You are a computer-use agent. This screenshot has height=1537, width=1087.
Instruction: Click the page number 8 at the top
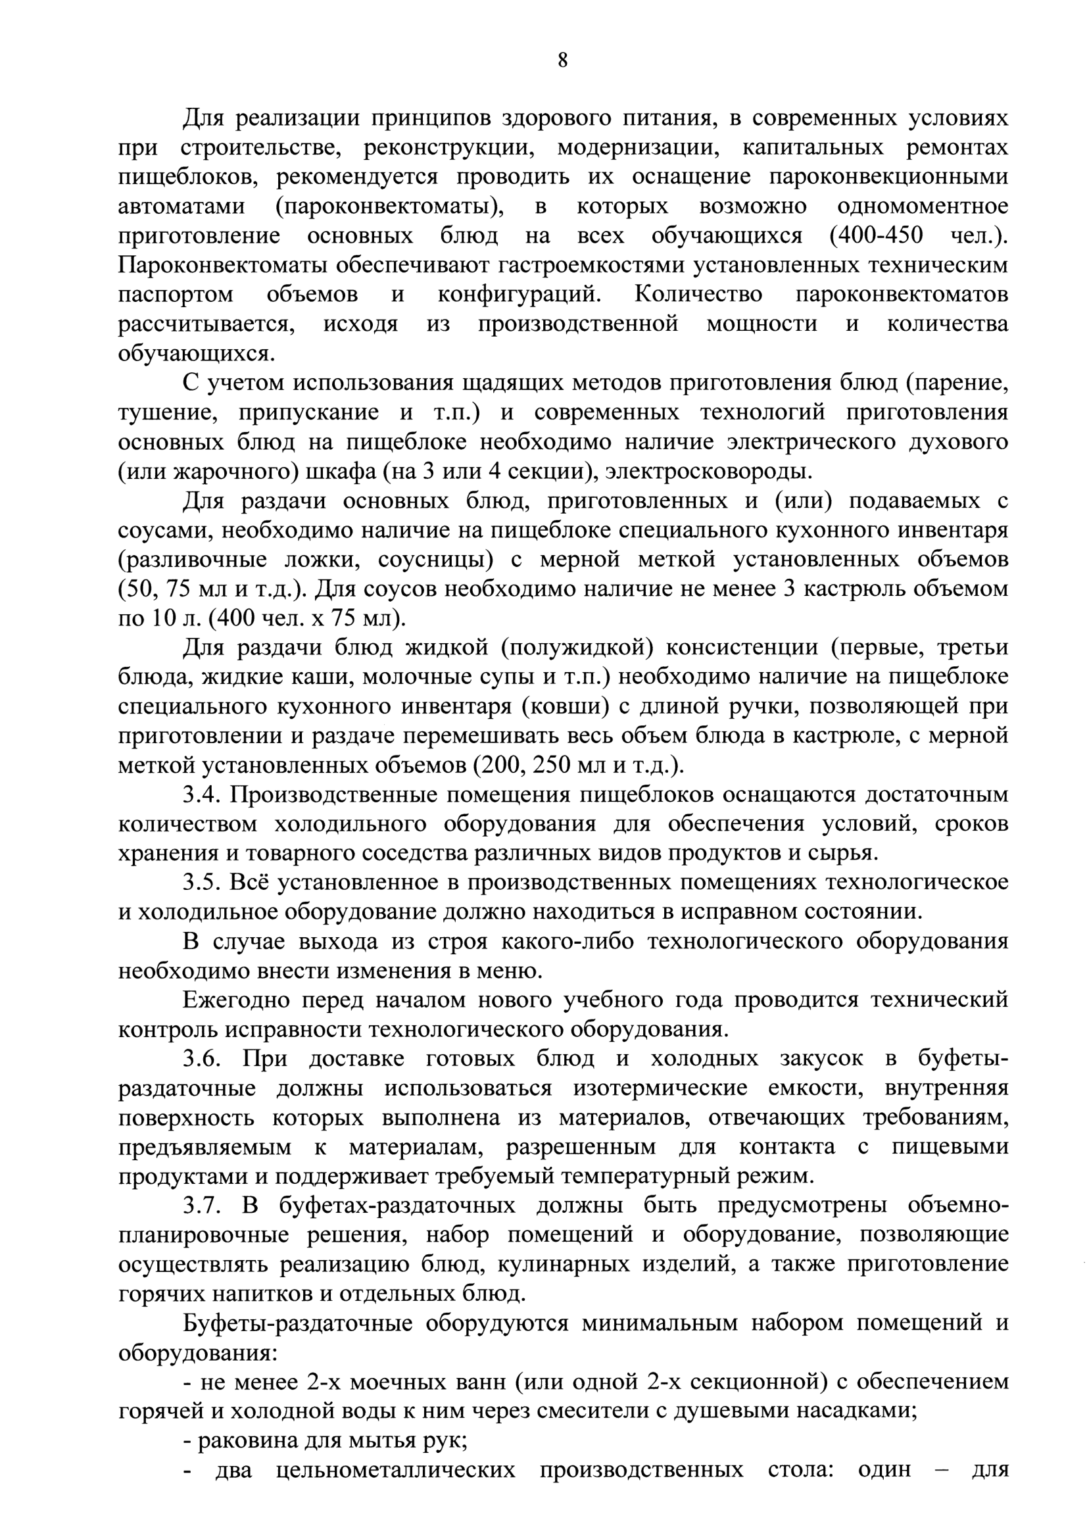coord(562,61)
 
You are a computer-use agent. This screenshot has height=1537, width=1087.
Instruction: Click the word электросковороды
coord(708,472)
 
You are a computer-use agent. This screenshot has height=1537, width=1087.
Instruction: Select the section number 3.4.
coord(201,795)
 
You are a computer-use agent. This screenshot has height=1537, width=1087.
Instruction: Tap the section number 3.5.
coord(201,883)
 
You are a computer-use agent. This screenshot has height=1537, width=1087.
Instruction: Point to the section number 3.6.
coord(201,1060)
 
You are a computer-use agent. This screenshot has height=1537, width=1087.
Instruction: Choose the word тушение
coord(167,412)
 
